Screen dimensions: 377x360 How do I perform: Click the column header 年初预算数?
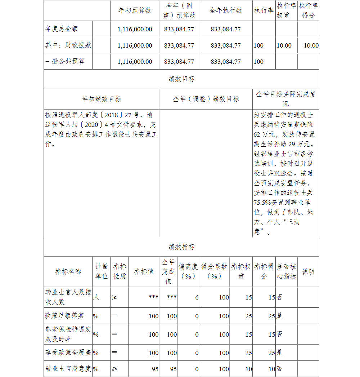coord(135,10)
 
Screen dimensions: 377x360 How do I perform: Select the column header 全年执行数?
coord(226,10)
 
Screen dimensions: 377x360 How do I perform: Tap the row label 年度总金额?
coord(62,29)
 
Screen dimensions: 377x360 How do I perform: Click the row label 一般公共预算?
coord(65,61)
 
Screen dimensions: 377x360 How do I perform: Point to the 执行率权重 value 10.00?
coord(284,45)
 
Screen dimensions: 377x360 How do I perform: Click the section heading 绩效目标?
coord(181,79)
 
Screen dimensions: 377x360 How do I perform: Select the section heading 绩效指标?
coord(181,247)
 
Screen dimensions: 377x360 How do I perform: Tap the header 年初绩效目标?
coord(102,99)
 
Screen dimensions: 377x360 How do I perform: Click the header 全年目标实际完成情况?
coord(285,99)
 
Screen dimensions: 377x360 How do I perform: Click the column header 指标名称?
coord(68,272)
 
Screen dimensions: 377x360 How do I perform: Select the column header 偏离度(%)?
coord(188,271)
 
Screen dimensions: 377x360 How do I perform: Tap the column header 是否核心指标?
coord(287,271)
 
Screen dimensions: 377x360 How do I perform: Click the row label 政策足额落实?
coord(64,316)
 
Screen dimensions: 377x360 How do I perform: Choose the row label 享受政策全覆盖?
coord(68,352)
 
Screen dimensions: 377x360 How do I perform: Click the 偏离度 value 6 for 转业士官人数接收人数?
coord(197,297)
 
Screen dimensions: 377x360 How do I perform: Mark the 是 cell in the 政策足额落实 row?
coord(280,316)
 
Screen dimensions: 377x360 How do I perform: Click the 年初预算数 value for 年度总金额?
coord(135,29)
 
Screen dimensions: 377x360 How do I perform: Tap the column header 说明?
coord(308,271)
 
